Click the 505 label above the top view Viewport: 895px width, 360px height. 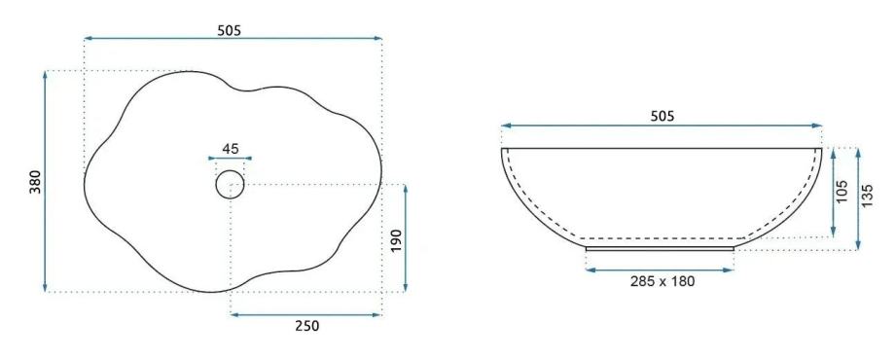click(230, 31)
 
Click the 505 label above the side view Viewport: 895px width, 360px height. click(662, 117)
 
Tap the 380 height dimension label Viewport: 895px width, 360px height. click(36, 181)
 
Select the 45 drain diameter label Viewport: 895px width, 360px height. click(230, 149)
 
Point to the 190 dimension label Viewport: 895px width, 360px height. click(397, 241)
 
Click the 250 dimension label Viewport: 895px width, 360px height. click(307, 326)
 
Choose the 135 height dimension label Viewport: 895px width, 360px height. click(868, 196)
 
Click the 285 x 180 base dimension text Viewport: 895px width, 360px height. click(662, 280)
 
